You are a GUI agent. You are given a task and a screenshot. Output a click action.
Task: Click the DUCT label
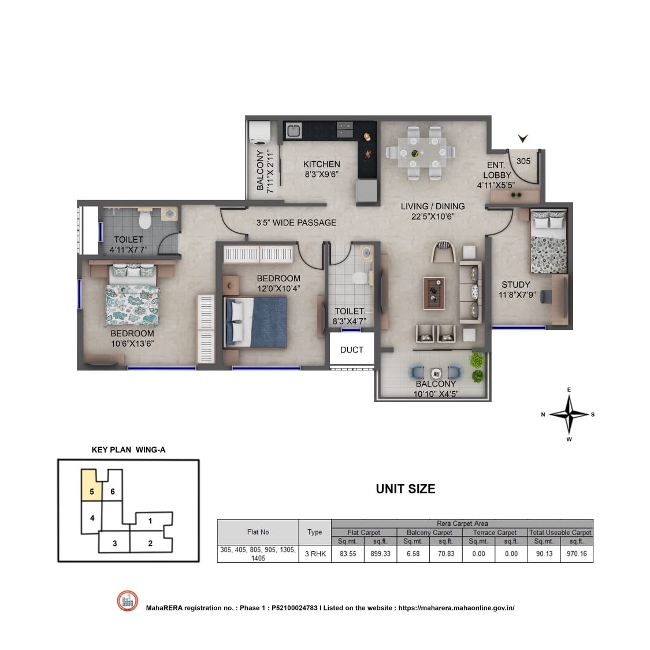click(x=351, y=350)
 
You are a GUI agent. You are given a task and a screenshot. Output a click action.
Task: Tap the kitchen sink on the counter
click(x=294, y=131)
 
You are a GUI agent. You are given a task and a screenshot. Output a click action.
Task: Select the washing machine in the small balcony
click(x=259, y=132)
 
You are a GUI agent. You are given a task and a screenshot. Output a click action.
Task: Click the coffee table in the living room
click(x=434, y=294)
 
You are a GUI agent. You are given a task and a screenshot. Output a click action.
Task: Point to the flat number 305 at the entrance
click(x=523, y=161)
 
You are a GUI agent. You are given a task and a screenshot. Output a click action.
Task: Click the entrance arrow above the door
click(x=523, y=138)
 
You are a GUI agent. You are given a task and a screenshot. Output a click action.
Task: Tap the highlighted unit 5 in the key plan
click(x=92, y=485)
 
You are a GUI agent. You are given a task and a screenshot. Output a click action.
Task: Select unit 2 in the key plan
click(x=151, y=543)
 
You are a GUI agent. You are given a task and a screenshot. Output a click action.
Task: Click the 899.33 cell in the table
click(x=381, y=554)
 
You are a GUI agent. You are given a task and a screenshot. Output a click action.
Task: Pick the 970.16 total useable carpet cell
click(x=577, y=554)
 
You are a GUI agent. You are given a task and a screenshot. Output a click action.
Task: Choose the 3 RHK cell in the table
click(x=315, y=554)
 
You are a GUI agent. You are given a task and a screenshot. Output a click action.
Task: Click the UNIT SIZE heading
click(x=406, y=489)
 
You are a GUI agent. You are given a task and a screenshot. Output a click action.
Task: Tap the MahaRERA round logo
click(x=127, y=601)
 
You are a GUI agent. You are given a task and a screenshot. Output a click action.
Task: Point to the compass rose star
click(x=569, y=414)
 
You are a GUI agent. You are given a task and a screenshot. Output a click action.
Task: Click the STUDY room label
click(x=516, y=285)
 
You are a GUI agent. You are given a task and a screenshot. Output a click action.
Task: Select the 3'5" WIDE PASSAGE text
click(x=296, y=222)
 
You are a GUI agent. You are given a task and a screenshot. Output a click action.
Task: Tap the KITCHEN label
click(x=322, y=164)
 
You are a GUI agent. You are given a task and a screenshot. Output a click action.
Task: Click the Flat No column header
click(x=258, y=532)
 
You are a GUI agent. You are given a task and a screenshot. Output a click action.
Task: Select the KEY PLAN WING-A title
click(x=128, y=450)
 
